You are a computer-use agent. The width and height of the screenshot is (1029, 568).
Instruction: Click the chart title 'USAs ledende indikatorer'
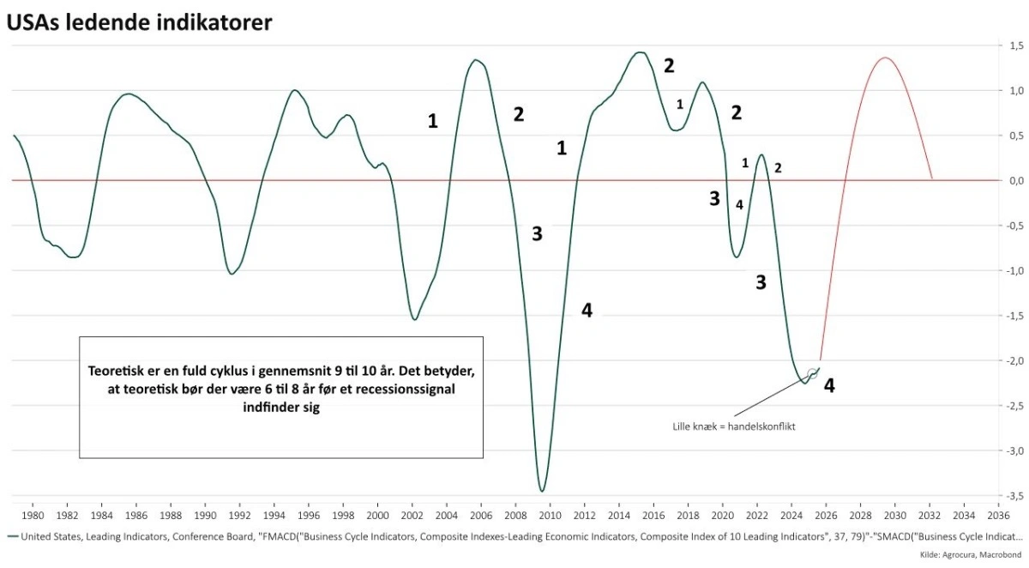pyautogui.click(x=140, y=22)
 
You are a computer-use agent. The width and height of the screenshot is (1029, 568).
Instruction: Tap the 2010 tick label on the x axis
pyautogui.click(x=550, y=516)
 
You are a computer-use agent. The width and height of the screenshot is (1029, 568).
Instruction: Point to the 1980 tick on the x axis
pyautogui.click(x=33, y=516)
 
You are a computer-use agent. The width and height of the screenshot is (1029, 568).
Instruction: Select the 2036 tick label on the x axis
pyautogui.click(x=998, y=516)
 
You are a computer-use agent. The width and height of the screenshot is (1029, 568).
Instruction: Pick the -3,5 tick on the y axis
pyautogui.click(x=1014, y=496)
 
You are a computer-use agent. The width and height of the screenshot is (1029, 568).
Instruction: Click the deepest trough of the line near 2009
pyautogui.click(x=542, y=491)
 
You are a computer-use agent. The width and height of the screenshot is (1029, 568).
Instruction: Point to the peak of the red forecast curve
pyautogui.click(x=884, y=58)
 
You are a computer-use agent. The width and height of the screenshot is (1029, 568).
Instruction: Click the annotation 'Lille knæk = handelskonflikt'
pyautogui.click(x=734, y=426)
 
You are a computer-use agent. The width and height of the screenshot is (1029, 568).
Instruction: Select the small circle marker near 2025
pyautogui.click(x=812, y=373)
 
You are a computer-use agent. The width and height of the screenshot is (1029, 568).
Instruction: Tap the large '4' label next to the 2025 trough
pyautogui.click(x=829, y=386)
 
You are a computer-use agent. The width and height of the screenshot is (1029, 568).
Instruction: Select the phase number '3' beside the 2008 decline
pyautogui.click(x=537, y=233)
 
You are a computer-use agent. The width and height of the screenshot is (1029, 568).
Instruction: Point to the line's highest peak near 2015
pyautogui.click(x=639, y=52)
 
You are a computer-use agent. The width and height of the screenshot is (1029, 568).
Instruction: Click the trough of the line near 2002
pyautogui.click(x=415, y=319)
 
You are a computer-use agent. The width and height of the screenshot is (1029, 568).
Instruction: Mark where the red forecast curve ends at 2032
pyautogui.click(x=932, y=179)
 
